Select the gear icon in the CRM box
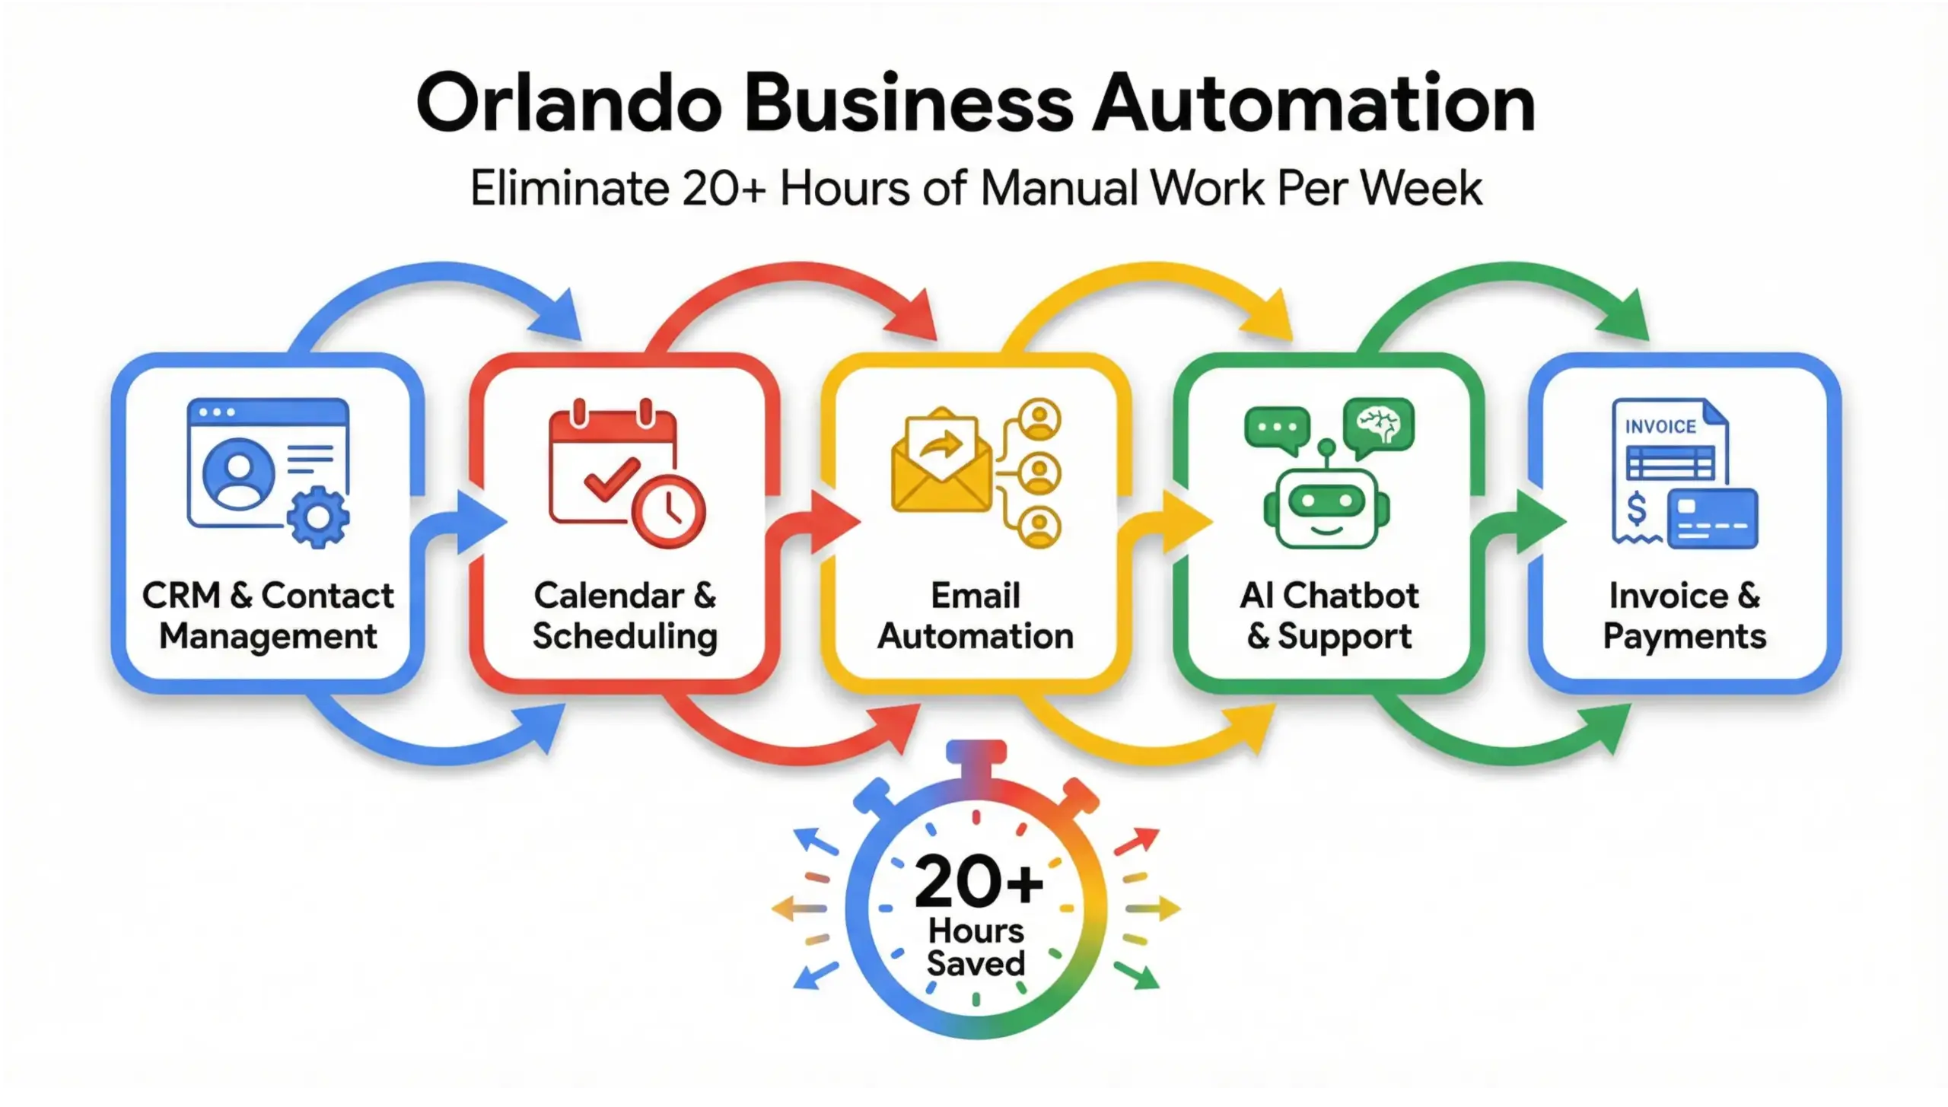(318, 517)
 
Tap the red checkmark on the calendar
(611, 479)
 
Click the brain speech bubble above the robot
(1378, 424)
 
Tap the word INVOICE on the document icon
(1660, 427)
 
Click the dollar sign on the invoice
(1635, 509)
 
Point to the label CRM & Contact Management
(268, 616)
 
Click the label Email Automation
(976, 616)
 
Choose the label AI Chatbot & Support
(1329, 616)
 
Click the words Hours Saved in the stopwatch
(976, 947)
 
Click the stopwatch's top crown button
(976, 754)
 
